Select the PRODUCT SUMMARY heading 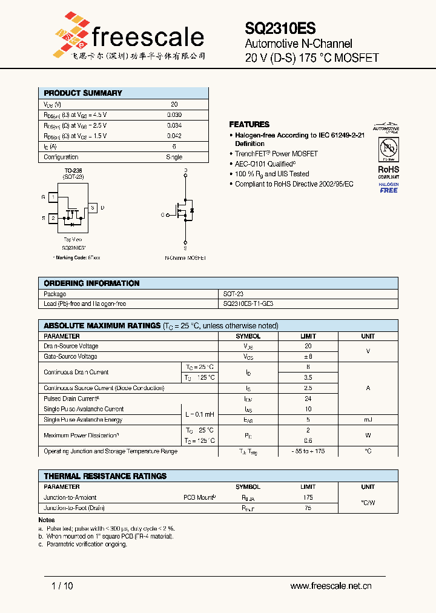coord(83,93)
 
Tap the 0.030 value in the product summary coord(174,115)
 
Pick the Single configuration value coord(174,157)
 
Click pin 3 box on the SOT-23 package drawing coord(93,208)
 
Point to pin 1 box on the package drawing coord(53,197)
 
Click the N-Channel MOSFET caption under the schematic coord(185,257)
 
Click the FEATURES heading coord(249,124)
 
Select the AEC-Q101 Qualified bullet coord(265,164)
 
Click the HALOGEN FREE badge coord(389,187)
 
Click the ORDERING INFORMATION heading coord(91,283)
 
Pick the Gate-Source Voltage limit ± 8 coord(308,357)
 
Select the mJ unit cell coord(368,420)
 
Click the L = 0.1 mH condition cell coord(199,414)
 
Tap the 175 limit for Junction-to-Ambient coord(308,497)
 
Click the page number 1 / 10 coord(62,586)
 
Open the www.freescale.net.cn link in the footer coord(331,586)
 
